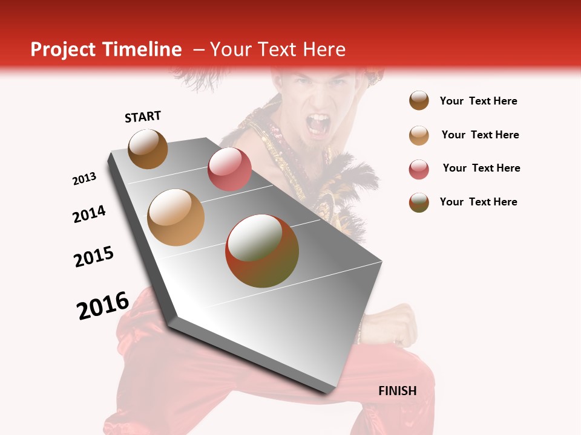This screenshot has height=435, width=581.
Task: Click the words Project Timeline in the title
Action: point(106,50)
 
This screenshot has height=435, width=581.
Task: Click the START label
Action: point(143,117)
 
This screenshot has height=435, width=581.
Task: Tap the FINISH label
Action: point(397,391)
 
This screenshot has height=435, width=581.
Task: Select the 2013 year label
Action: point(85,179)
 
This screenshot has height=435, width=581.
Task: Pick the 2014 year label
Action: point(90,214)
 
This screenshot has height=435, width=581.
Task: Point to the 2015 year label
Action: point(94,256)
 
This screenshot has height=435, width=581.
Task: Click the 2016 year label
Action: point(103,305)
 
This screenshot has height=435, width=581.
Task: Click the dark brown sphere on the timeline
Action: point(148,149)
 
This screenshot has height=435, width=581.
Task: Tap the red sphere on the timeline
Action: point(229,169)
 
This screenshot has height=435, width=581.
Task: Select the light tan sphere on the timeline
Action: point(176,217)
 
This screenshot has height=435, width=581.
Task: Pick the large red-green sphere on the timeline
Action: point(262,251)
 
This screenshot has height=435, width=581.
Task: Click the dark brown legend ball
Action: point(419,101)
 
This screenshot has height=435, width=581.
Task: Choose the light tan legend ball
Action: point(419,135)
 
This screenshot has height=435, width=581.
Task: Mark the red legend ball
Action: point(419,169)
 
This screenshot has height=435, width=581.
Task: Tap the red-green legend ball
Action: point(419,202)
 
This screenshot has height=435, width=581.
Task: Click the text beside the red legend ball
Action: point(481,168)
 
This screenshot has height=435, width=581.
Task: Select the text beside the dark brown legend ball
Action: point(478,101)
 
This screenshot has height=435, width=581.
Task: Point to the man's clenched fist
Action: point(396,323)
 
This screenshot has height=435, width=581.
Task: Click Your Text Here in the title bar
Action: point(278,50)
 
